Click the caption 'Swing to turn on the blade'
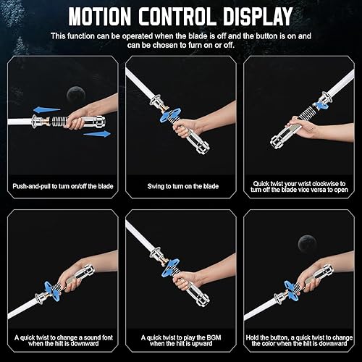180,186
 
